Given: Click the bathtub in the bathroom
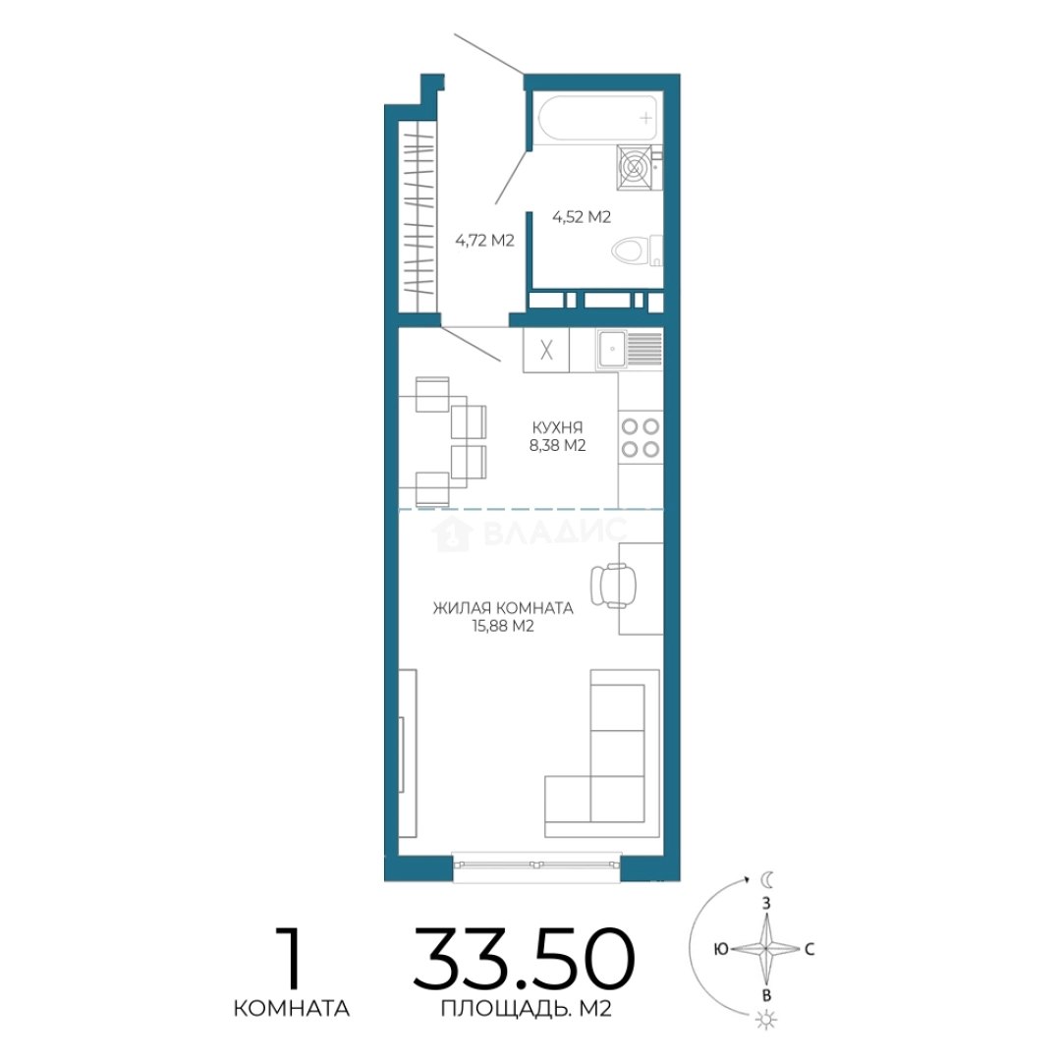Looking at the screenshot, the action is [x=597, y=119].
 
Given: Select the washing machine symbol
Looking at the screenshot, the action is [x=635, y=167].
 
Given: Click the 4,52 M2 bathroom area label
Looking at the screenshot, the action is [x=582, y=217].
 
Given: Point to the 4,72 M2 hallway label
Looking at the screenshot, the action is [x=484, y=241].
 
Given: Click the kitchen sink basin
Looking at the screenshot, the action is [x=612, y=349].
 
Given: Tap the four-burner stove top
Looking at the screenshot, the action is [x=641, y=438].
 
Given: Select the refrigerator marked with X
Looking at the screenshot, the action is [x=546, y=349].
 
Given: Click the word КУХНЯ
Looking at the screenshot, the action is [x=558, y=427].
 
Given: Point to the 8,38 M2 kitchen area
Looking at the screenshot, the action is [x=558, y=445].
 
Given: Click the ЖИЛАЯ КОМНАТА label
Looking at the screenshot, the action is [x=503, y=608].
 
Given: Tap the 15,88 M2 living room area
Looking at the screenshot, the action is [x=503, y=626].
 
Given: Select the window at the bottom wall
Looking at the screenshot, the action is [x=536, y=866].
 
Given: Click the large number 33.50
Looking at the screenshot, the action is [x=524, y=959].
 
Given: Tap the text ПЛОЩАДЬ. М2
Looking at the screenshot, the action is [x=527, y=1009].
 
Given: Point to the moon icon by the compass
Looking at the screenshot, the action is [x=766, y=879].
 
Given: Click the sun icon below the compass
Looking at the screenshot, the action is [x=766, y=1019].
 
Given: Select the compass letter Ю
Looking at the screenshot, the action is [x=721, y=949].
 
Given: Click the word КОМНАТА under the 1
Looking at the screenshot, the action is [x=292, y=1009].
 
